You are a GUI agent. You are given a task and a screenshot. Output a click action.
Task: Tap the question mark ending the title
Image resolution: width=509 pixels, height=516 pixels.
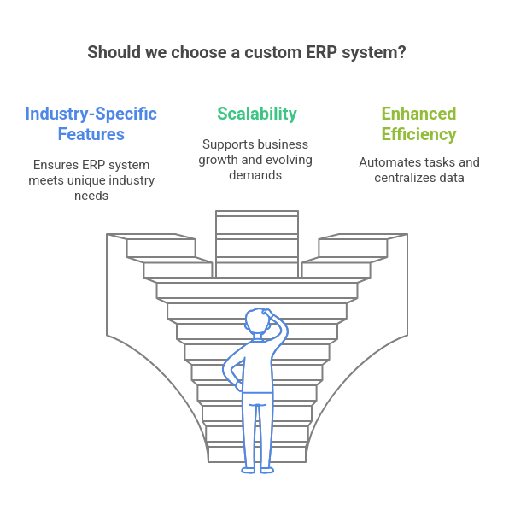pos(401,52)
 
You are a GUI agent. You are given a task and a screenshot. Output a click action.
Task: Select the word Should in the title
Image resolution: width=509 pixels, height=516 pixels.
pos(114,52)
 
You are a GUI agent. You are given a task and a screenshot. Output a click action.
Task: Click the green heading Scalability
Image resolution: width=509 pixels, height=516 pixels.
pos(257,114)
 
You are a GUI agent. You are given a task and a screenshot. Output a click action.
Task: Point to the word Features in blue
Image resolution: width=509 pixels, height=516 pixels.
pos(91,134)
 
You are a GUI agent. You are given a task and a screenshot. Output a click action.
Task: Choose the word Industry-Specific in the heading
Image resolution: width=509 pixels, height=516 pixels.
pos(91,114)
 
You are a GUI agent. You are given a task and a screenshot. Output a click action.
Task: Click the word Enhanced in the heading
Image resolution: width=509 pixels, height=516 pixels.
pos(418,114)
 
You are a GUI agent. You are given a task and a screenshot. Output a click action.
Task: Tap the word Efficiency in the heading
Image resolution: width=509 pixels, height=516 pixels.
pos(418,134)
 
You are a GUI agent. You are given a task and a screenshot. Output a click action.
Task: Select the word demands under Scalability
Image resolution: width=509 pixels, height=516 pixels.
pos(255,175)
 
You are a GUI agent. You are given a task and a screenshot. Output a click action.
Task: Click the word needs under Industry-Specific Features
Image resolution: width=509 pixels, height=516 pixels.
pos(91,196)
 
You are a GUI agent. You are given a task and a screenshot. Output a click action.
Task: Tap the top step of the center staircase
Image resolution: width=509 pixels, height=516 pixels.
pos(257,214)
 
